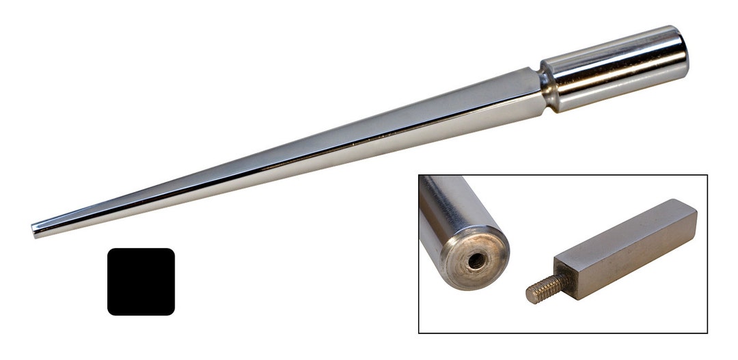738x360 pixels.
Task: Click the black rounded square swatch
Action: click(x=141, y=281)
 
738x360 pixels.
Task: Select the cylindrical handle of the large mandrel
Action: click(x=615, y=68)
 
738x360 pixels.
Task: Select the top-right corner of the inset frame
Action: click(x=707, y=176)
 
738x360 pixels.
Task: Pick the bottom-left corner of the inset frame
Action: click(x=419, y=333)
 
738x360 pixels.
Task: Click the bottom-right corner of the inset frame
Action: click(x=707, y=333)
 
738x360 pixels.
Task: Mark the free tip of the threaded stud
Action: click(x=529, y=295)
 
